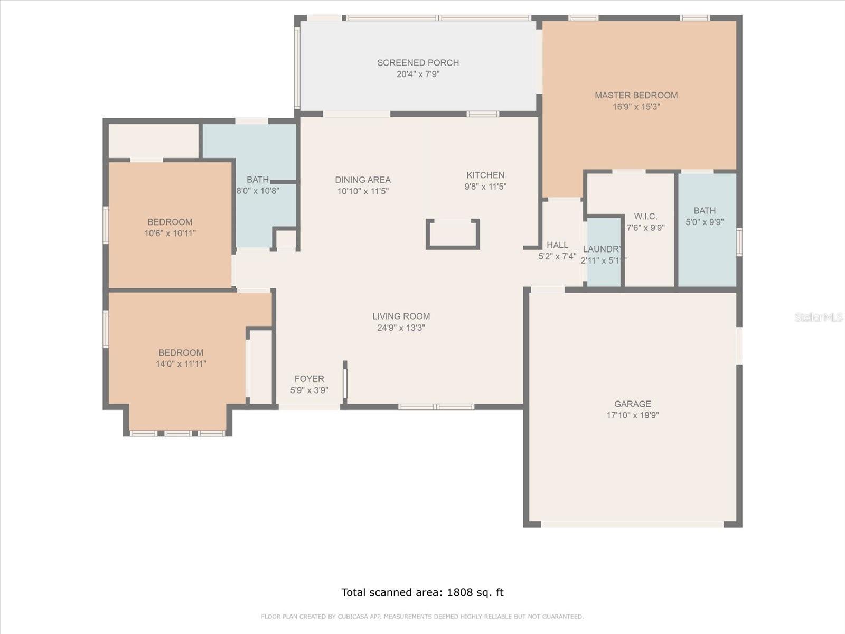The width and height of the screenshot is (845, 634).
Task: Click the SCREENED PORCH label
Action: coord(418,63)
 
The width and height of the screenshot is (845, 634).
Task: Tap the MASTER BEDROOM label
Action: coord(636,96)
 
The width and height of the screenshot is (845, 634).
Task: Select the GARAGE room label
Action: coord(633,404)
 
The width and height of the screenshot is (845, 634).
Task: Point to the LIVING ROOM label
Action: coord(401,316)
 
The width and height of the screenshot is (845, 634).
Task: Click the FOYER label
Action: coord(309,379)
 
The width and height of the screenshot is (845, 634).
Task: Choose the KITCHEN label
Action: coord(485,175)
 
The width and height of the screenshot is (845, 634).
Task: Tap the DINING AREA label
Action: coord(363,180)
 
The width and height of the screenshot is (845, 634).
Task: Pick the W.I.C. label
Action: coord(645,216)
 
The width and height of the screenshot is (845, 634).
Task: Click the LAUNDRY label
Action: coord(602,249)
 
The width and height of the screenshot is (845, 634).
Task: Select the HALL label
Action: coord(557,245)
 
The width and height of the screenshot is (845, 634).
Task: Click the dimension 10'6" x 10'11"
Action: coord(170,234)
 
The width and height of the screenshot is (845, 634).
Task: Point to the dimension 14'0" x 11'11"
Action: coord(181,364)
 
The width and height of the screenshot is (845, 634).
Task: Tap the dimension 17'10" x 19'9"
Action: coord(633,415)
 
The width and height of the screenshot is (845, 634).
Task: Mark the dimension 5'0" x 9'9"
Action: coord(705,222)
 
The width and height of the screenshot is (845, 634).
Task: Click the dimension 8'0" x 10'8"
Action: coord(258,191)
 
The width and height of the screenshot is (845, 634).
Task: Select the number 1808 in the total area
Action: coord(459,592)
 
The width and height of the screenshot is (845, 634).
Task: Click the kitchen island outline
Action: coord(453,247)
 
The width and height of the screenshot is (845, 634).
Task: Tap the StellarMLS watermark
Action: coord(819,318)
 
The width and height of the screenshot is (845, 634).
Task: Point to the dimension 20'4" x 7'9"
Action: coord(418,74)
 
